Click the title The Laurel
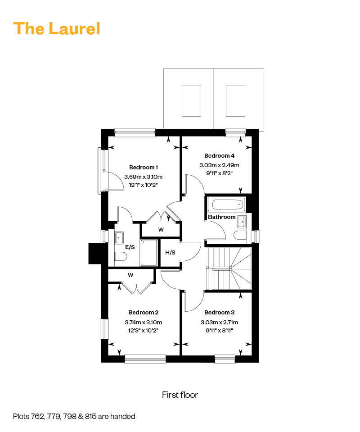[57, 28]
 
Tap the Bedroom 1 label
[144, 167]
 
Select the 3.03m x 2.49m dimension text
[219, 165]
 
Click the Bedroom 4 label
[219, 156]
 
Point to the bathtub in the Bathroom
[227, 205]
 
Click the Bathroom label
[222, 217]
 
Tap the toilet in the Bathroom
[239, 236]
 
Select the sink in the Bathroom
[241, 222]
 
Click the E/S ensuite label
[130, 247]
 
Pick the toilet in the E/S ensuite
[121, 256]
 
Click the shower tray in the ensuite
[149, 253]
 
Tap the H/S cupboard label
[170, 252]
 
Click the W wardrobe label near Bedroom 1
[161, 229]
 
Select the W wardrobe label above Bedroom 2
[130, 275]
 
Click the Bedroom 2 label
[144, 313]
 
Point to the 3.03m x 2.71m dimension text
[219, 322]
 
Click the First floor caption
[180, 395]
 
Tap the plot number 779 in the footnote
[54, 416]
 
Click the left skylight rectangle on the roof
[191, 101]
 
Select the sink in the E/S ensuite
[119, 237]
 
